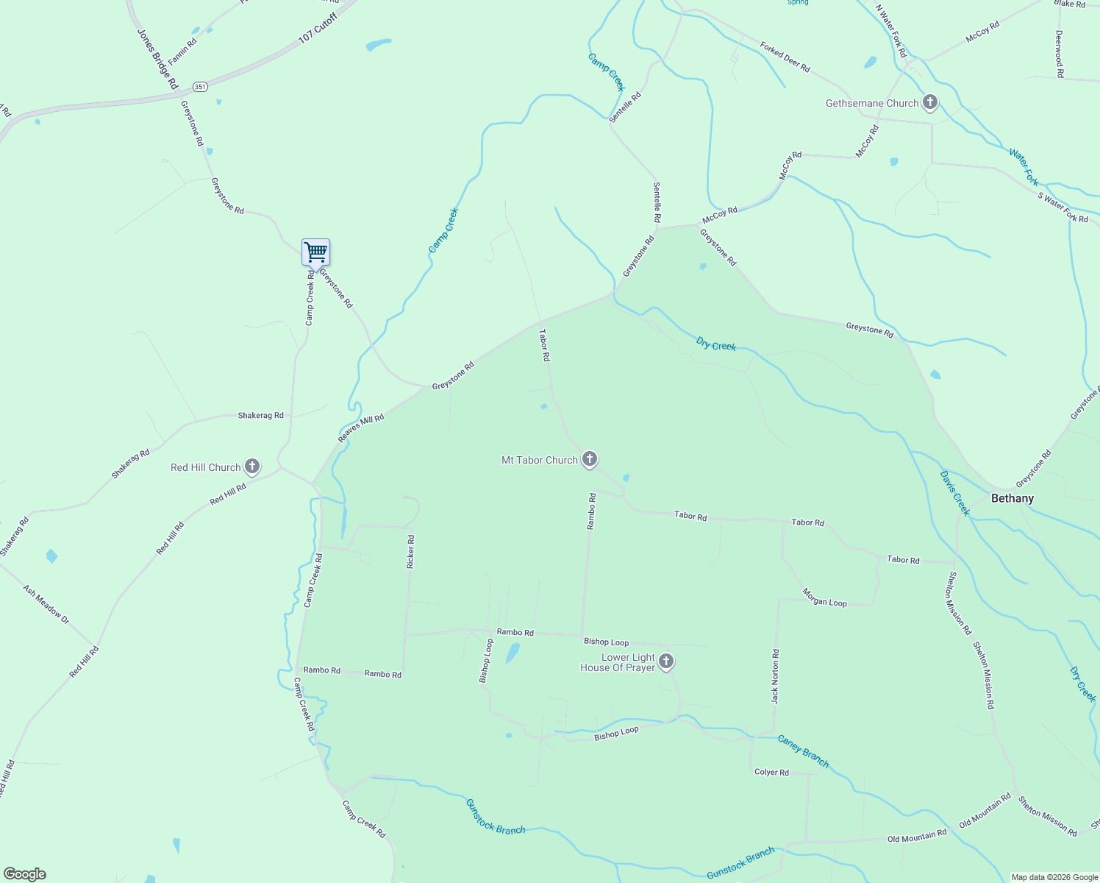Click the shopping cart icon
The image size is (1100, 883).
315,252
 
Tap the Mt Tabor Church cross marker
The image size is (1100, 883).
589,459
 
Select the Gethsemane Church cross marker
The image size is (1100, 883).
930,103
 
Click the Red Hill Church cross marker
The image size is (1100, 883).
252,467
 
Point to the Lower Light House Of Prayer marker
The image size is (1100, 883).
666,662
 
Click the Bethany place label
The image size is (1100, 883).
1012,498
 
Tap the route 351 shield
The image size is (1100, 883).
201,86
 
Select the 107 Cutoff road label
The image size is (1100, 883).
318,28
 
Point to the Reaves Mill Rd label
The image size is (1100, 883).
361,428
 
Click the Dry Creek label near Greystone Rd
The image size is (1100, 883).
715,344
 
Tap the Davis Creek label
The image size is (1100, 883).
954,493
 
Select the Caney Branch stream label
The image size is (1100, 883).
803,751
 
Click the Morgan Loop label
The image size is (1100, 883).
824,597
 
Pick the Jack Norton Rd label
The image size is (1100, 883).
775,676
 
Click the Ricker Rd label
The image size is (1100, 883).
410,551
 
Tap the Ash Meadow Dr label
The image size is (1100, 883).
46,605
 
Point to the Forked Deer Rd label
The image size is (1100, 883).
785,57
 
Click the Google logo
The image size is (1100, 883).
25,874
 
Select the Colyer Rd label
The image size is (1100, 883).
771,772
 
